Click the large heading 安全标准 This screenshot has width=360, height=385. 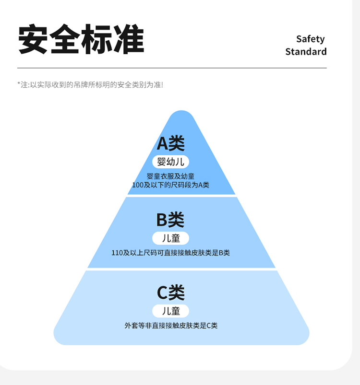81,39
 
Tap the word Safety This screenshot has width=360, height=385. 310,39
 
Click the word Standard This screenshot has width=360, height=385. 306,51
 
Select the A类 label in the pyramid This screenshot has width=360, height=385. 170,143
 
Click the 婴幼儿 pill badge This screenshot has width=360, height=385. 170,162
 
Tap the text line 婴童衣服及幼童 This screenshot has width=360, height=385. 170,176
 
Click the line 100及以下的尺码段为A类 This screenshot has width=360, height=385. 170,185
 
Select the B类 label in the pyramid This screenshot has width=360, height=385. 170,220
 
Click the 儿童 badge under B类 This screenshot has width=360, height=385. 170,238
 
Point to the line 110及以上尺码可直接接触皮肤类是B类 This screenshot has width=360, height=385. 170,253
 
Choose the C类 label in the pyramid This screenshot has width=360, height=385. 170,292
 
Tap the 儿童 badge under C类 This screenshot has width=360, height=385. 170,311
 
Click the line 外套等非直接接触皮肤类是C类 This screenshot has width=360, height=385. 170,326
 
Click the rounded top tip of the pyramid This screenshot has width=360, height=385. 181,115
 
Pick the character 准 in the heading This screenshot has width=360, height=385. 129,39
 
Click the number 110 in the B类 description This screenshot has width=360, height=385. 117,253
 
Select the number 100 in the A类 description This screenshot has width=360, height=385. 137,185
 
